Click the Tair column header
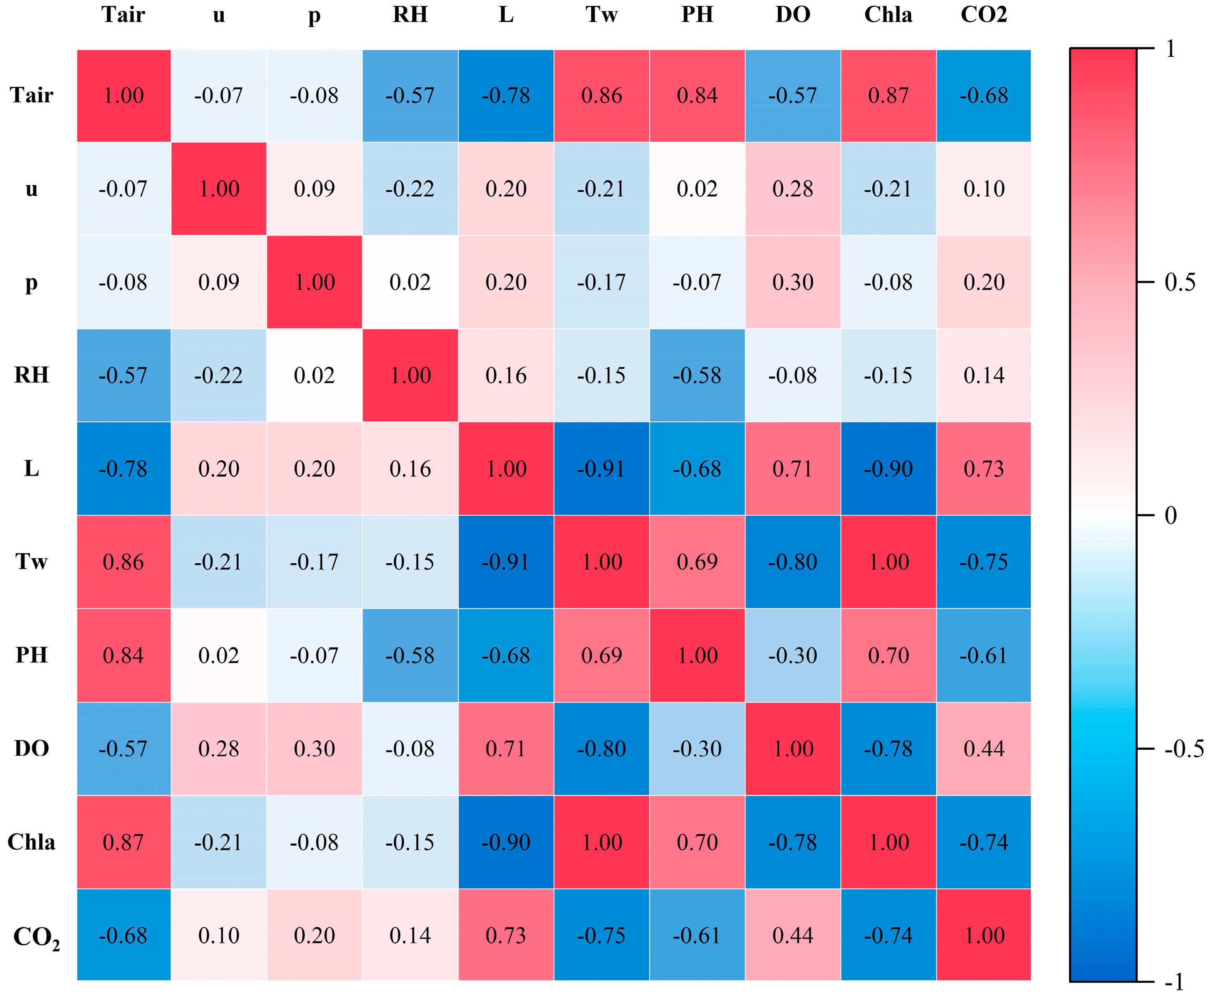[x=123, y=15]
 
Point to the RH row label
[x=31, y=375]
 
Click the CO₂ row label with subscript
[x=36, y=937]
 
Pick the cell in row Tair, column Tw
[x=602, y=96]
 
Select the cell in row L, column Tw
[x=602, y=469]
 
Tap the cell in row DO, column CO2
[x=983, y=749]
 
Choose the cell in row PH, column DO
[x=793, y=655]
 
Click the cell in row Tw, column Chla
[x=888, y=562]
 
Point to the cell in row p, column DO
[x=793, y=282]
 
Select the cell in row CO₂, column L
[x=506, y=935]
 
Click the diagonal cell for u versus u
[x=219, y=188]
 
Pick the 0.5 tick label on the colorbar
[x=1180, y=282]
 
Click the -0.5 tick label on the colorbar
[x=1184, y=749]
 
